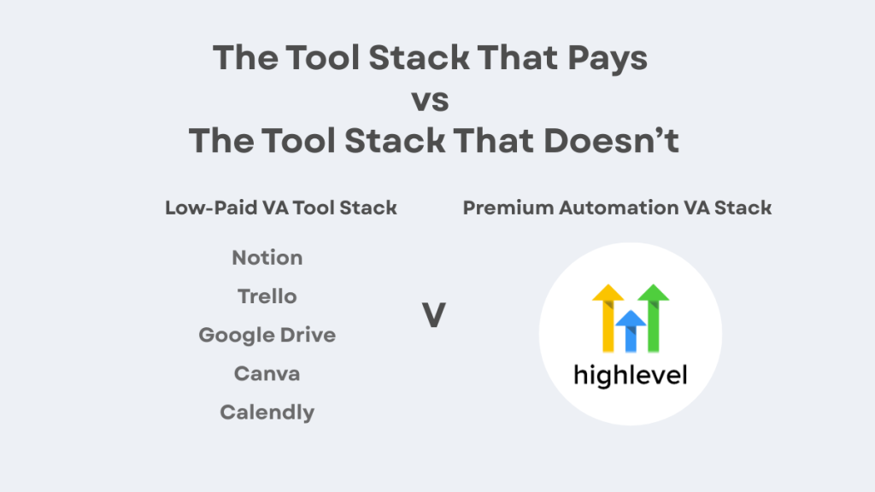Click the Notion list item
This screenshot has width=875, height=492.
pos(267,258)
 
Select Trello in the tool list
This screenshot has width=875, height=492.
pos(267,296)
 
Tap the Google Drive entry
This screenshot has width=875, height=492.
pos(267,335)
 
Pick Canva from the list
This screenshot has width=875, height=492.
pos(267,373)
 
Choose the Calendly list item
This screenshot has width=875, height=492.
pos(267,413)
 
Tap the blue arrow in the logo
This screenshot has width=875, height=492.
pos(631,329)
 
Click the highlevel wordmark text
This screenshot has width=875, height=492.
pos(631,375)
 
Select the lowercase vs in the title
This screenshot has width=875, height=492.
pos(430,101)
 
